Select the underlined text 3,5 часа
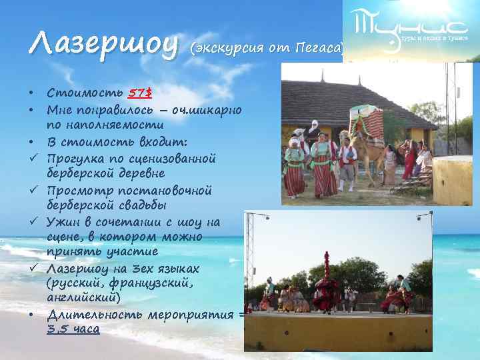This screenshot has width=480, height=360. pyautogui.click(x=73, y=329)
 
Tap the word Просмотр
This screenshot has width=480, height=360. pyautogui.click(x=78, y=191)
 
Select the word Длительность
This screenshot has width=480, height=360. pyautogui.click(x=93, y=313)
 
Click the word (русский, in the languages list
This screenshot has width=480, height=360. pyautogui.click(x=76, y=283)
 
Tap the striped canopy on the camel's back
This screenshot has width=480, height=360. pyautogui.click(x=373, y=123)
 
